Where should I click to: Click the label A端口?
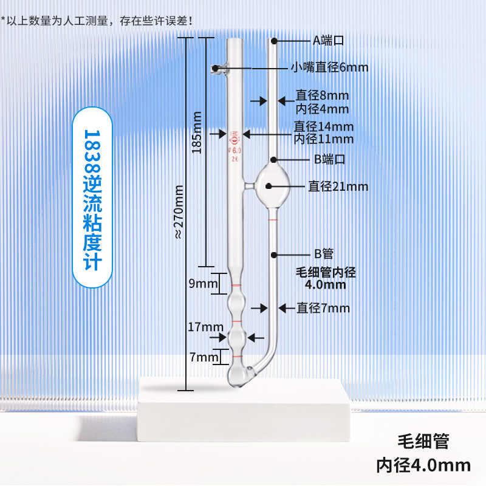(x=329, y=41)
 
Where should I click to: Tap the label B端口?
(x=330, y=160)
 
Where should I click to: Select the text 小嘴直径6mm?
(x=329, y=67)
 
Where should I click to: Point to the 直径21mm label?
(x=338, y=187)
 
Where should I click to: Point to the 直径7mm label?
(x=323, y=308)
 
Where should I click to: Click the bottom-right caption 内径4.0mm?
(x=423, y=465)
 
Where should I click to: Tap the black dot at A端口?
(x=274, y=41)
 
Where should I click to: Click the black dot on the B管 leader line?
(x=275, y=253)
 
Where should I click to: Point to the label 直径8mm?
(x=322, y=95)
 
